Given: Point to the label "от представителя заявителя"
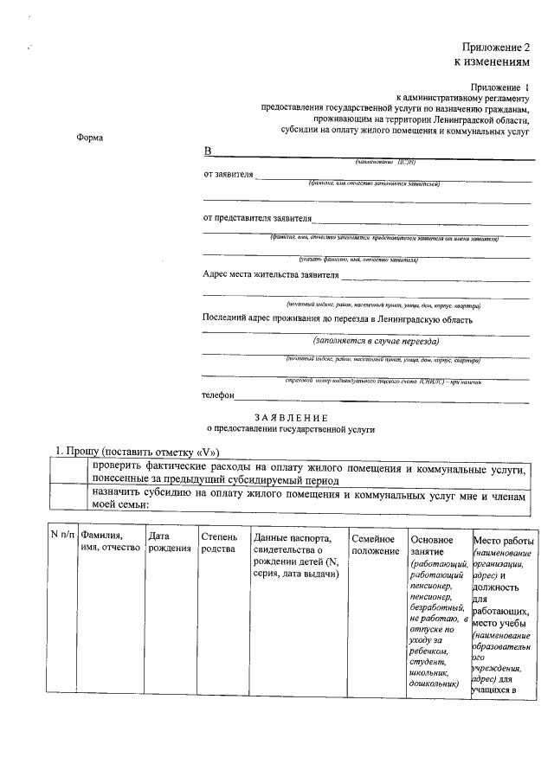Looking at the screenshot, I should click(257, 217).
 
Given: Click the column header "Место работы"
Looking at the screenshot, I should click(504, 540).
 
